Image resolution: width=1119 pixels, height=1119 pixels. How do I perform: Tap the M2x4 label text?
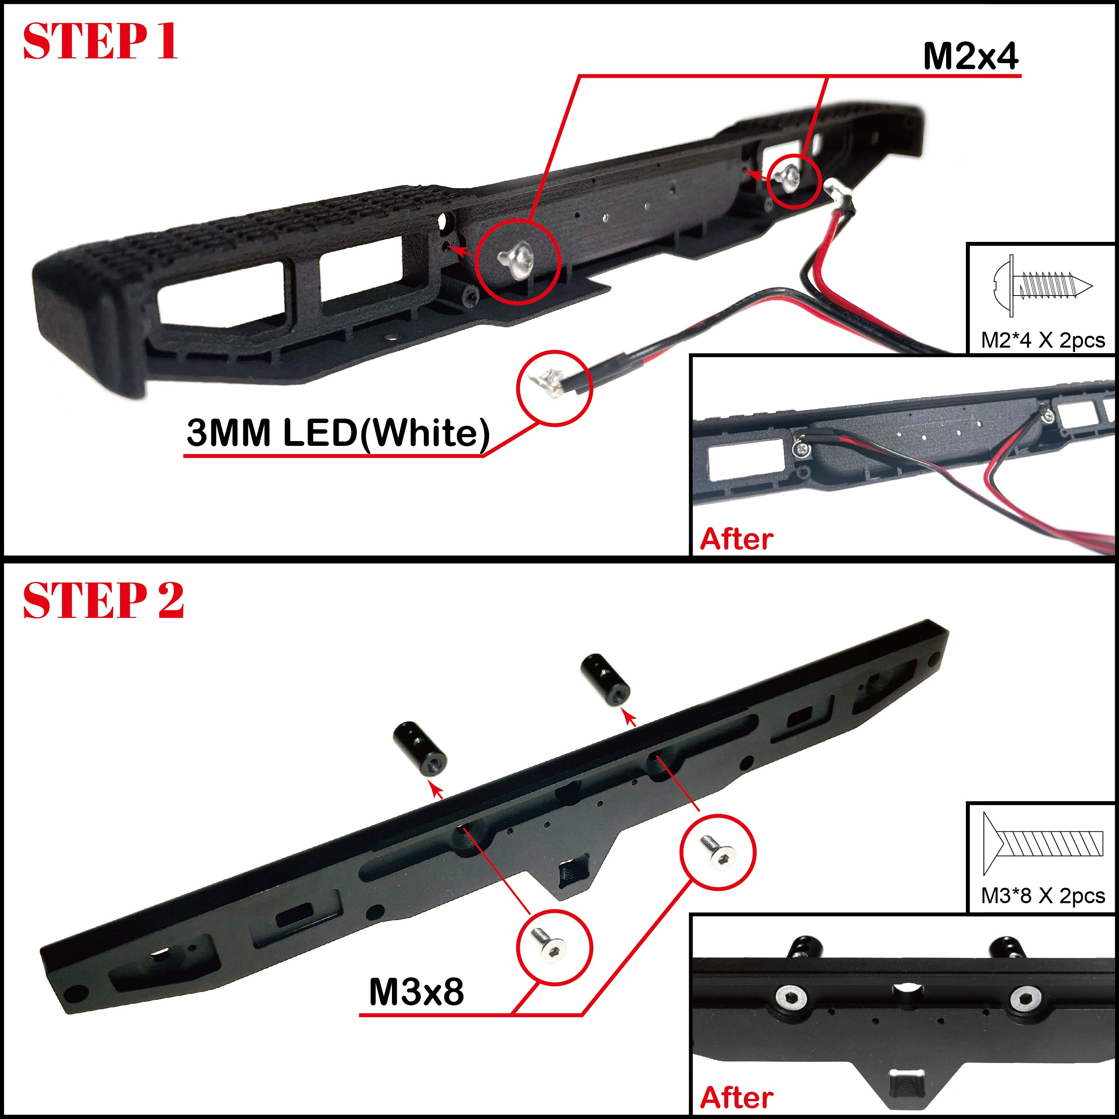click(971, 57)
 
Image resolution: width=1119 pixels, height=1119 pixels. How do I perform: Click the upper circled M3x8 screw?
click(717, 851)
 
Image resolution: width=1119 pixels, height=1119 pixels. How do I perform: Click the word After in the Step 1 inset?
click(736, 539)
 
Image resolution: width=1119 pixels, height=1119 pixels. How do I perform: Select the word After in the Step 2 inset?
click(736, 1098)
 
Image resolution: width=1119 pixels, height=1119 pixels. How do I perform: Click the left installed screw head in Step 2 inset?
click(791, 998)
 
